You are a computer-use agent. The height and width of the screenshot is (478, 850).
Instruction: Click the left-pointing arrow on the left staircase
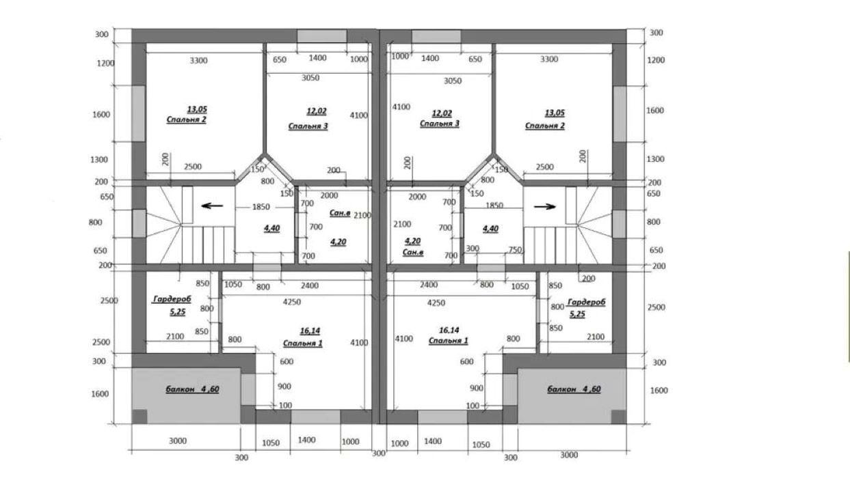point(212,206)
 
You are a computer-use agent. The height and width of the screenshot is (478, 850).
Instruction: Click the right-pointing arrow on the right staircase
point(545,207)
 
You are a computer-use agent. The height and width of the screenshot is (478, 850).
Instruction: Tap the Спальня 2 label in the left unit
point(186,119)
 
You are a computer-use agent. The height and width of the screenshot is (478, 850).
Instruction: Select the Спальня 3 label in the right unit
point(440,124)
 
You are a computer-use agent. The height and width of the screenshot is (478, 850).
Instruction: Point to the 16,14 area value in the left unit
point(310,331)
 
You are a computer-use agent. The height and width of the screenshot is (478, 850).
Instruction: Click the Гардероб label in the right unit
point(586,302)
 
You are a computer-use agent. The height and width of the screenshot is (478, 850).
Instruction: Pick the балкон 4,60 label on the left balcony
point(192,389)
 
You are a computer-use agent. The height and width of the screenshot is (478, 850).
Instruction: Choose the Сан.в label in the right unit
point(413,252)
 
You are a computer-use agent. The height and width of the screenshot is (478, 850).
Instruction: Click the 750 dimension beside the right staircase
point(515,249)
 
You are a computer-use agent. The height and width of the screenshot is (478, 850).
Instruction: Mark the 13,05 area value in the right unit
point(555,113)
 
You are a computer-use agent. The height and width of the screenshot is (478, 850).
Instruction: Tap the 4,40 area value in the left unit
point(271,228)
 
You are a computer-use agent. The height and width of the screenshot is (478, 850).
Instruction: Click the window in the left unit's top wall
point(322,36)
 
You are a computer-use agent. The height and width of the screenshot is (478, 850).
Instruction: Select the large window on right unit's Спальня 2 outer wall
point(620,114)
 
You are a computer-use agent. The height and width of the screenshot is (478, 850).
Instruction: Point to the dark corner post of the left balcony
point(140,417)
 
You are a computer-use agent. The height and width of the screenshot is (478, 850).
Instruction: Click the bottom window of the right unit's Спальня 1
point(442,417)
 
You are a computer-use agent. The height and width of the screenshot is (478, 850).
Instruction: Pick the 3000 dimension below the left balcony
point(178,441)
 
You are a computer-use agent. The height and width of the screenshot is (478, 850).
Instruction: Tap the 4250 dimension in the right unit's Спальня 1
point(436,303)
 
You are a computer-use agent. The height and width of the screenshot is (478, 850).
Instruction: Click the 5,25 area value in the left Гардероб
point(178,312)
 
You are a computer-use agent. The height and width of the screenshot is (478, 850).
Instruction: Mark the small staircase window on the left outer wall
point(140,224)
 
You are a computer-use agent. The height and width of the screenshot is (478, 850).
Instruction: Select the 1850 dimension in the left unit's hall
point(261,207)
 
